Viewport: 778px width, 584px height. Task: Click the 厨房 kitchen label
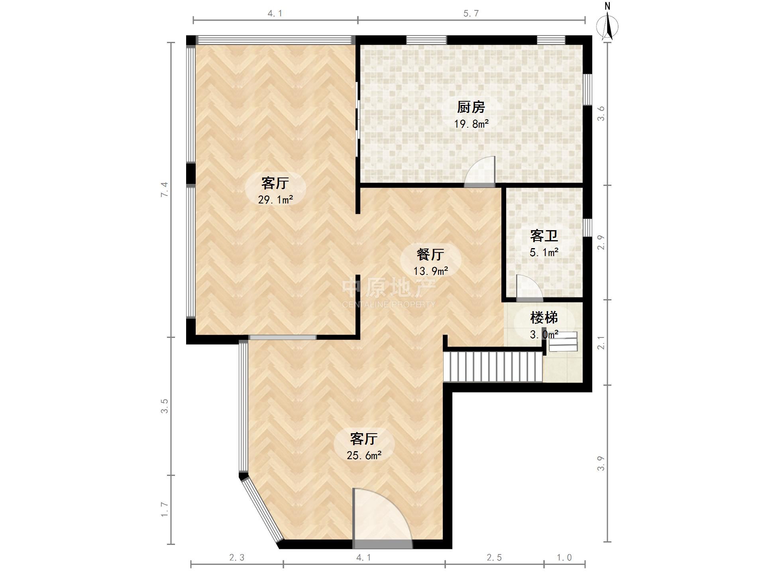pyautogui.click(x=471, y=107)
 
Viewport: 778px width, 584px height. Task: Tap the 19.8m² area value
pyautogui.click(x=471, y=124)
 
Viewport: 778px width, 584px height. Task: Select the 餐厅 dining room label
pyautogui.click(x=430, y=254)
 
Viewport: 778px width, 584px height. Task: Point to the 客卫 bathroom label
pyautogui.click(x=544, y=236)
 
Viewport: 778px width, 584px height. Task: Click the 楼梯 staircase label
pyautogui.click(x=544, y=318)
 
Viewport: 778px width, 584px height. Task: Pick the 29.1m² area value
pyautogui.click(x=275, y=199)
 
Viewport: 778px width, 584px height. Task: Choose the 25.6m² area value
pyautogui.click(x=364, y=455)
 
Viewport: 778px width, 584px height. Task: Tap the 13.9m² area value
pyautogui.click(x=430, y=271)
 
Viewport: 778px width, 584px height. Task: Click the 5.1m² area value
pyautogui.click(x=544, y=252)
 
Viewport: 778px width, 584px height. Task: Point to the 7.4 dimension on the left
pyautogui.click(x=165, y=189)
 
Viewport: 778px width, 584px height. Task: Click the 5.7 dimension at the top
pyautogui.click(x=471, y=14)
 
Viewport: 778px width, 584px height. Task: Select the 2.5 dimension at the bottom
pyautogui.click(x=494, y=557)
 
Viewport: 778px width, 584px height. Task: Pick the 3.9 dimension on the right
pyautogui.click(x=601, y=463)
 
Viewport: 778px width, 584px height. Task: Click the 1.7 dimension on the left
pyautogui.click(x=165, y=509)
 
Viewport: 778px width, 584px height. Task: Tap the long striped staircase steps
pyautogui.click(x=493, y=365)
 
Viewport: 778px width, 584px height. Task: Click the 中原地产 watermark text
pyautogui.click(x=389, y=287)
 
